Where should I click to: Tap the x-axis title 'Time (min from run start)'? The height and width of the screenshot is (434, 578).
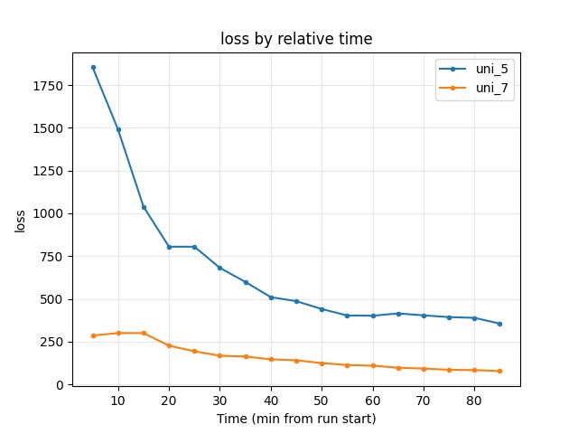tap(296, 419)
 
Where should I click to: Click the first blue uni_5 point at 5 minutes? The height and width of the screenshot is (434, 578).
tap(93, 67)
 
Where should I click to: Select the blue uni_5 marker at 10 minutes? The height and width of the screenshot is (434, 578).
tap(118, 129)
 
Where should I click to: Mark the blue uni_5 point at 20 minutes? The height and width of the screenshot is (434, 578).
tap(169, 247)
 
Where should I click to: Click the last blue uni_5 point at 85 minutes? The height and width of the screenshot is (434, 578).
tap(499, 324)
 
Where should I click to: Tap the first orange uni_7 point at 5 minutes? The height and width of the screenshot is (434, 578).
tap(93, 335)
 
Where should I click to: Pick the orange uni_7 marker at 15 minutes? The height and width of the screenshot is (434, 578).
tap(144, 333)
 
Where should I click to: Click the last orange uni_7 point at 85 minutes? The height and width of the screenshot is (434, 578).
tap(499, 371)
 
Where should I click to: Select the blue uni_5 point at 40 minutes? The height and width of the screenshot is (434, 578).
tap(271, 297)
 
